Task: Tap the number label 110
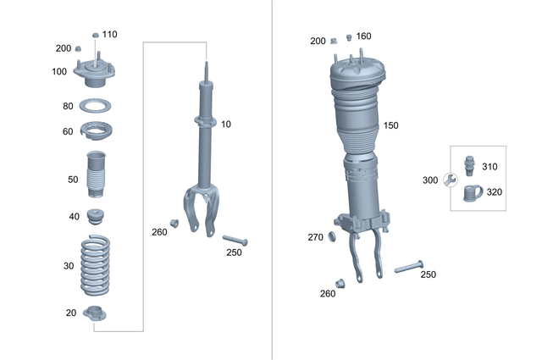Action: coord(110,35)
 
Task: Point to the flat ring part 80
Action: coord(97,107)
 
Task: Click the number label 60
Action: coord(68,131)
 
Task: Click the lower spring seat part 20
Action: coord(96,313)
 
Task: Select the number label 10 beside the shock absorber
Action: coord(225,125)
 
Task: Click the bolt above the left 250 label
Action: coord(234,241)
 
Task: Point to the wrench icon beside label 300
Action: coord(451,180)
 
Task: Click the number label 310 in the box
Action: coord(489,166)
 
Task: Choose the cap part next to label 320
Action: coord(471,193)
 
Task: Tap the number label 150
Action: coord(390,125)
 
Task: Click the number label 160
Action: coord(363,36)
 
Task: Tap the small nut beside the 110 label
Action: coord(95,35)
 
